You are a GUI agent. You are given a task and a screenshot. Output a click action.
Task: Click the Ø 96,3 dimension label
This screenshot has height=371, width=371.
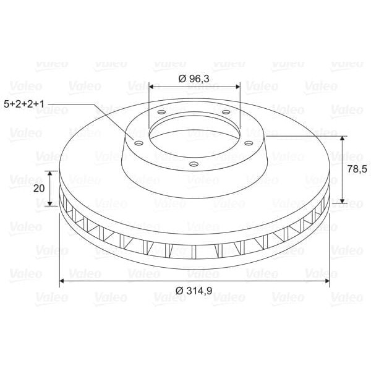pos(194,79)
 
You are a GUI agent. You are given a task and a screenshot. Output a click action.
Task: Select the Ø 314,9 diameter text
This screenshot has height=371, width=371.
pos(194,291)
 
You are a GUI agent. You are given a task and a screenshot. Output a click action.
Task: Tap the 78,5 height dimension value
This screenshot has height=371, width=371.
pos(357,169)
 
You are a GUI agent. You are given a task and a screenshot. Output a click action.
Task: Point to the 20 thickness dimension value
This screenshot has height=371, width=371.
pos(39,189)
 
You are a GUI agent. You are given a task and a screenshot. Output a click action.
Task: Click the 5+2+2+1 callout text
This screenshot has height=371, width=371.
pos(24,104)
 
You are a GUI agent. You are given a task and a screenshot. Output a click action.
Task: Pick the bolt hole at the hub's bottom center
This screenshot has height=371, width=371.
pos(194,164)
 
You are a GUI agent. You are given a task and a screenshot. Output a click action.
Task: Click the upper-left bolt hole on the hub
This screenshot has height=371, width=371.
pos(161,112)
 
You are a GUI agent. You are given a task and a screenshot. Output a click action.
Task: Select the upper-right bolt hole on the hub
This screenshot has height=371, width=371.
pos(226,112)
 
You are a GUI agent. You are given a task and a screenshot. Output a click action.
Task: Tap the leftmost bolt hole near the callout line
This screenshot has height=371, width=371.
pos(139,143)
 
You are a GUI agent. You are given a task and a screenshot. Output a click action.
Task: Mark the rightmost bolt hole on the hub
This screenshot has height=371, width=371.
pos(249,143)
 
